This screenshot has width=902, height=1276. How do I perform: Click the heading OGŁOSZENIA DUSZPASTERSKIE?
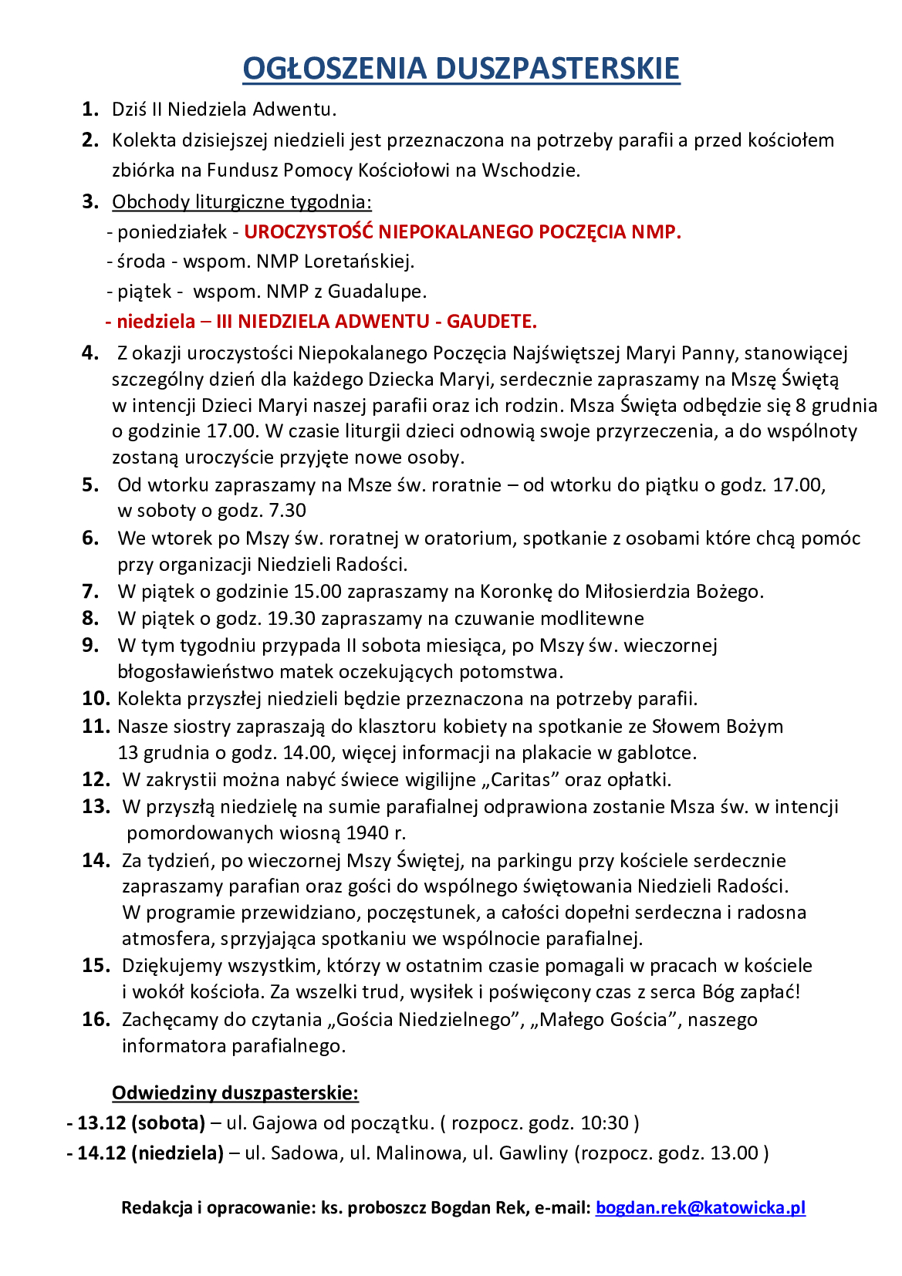tap(461, 68)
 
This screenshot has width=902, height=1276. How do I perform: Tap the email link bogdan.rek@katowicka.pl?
tap(700, 1207)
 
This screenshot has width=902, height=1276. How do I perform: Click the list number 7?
tap(90, 592)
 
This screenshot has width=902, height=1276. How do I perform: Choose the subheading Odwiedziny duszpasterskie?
tap(235, 1092)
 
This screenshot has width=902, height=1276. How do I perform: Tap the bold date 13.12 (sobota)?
tap(141, 1122)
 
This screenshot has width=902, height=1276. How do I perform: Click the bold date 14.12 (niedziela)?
tap(150, 1153)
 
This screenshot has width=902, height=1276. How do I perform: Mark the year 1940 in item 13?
tap(367, 832)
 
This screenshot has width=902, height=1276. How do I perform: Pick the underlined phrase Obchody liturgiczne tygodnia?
tap(242, 201)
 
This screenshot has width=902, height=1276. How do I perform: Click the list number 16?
tap(96, 1019)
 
